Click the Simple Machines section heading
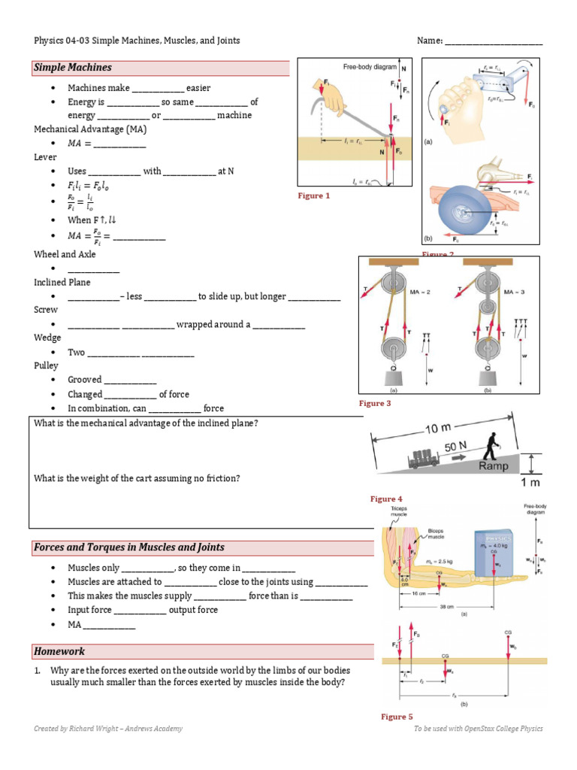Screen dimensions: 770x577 coord(73,68)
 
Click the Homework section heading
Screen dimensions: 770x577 coord(59,651)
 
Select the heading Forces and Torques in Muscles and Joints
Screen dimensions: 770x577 coord(128,547)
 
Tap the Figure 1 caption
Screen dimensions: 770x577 coord(314,196)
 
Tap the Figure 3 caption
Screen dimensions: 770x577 coord(375,404)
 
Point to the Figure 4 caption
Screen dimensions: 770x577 coord(386,499)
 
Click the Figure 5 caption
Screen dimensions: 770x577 coord(397,717)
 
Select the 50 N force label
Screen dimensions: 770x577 coord(455,446)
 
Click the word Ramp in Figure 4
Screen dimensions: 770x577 coord(494,465)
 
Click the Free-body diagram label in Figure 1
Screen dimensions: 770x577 coord(370,67)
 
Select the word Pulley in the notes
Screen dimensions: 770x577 coord(46,365)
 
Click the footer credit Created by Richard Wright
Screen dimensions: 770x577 coord(107,729)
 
